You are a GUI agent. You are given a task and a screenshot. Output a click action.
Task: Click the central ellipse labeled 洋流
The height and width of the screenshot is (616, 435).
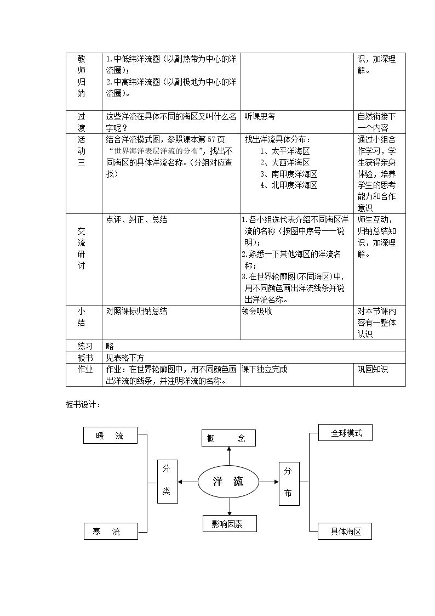[x=228, y=482]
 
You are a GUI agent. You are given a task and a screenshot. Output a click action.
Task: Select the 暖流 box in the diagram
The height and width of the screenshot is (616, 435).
[x=110, y=436]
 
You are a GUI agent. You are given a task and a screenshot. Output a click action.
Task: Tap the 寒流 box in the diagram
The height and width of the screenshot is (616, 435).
[x=111, y=531]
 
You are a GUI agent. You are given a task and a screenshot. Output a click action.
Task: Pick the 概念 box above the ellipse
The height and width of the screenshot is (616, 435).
[x=228, y=438]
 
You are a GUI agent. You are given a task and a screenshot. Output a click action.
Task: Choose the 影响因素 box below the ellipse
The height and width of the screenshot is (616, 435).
[x=230, y=524]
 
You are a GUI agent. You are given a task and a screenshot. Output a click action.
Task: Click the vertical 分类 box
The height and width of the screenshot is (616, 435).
[x=168, y=482]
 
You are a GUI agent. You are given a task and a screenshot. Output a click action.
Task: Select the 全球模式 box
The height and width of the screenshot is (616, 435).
[x=345, y=433]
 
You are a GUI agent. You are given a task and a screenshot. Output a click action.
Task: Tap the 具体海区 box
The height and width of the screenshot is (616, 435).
[x=345, y=531]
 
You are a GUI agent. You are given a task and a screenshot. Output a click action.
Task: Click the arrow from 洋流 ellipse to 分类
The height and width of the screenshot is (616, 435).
[x=188, y=482]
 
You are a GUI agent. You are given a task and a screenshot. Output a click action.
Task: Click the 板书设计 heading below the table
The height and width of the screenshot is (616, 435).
[x=83, y=405]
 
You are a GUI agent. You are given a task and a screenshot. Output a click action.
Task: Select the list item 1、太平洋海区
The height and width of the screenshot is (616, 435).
[x=285, y=151]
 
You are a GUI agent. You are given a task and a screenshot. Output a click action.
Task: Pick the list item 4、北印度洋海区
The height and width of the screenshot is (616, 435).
[x=289, y=185]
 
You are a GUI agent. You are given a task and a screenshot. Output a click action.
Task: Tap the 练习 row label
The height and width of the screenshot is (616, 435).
[x=85, y=346]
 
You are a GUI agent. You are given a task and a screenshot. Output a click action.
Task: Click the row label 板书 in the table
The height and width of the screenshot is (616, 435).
[x=85, y=358]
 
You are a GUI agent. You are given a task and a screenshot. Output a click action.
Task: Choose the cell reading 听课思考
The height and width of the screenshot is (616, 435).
[x=260, y=117]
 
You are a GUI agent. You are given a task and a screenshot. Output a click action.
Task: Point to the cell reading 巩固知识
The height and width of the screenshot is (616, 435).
[x=373, y=369]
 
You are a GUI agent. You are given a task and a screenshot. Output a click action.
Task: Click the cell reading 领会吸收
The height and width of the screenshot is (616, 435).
[x=257, y=311]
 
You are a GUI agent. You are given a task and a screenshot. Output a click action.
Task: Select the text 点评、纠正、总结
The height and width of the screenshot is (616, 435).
[x=136, y=219]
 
